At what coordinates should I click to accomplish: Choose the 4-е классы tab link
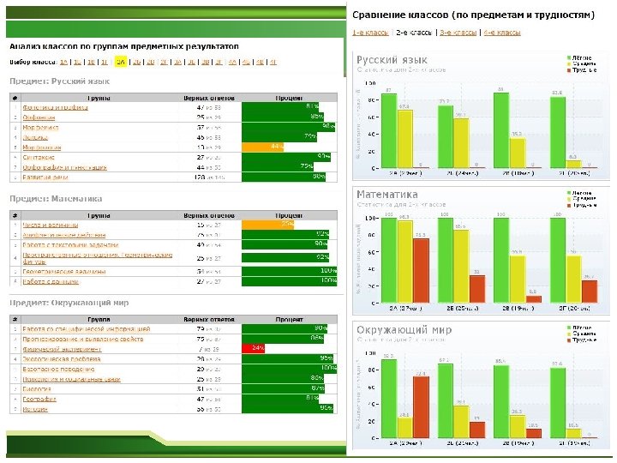click(501, 32)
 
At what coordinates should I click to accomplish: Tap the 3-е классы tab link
click(458, 32)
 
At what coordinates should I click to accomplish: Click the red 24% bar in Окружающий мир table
click(253, 348)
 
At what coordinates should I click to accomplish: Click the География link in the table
click(39, 399)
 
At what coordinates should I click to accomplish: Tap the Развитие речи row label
click(46, 177)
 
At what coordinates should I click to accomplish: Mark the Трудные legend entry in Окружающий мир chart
click(584, 339)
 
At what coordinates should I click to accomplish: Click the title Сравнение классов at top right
click(472, 15)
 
